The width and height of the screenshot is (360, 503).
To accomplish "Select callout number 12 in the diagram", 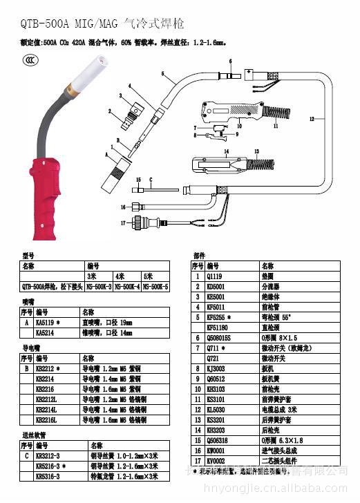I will pyautogui.click(x=312, y=119).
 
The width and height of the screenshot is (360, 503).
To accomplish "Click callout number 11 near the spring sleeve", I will pyautogui.click(x=276, y=126).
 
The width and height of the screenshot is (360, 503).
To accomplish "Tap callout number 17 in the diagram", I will pyautogui.click(x=123, y=223).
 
